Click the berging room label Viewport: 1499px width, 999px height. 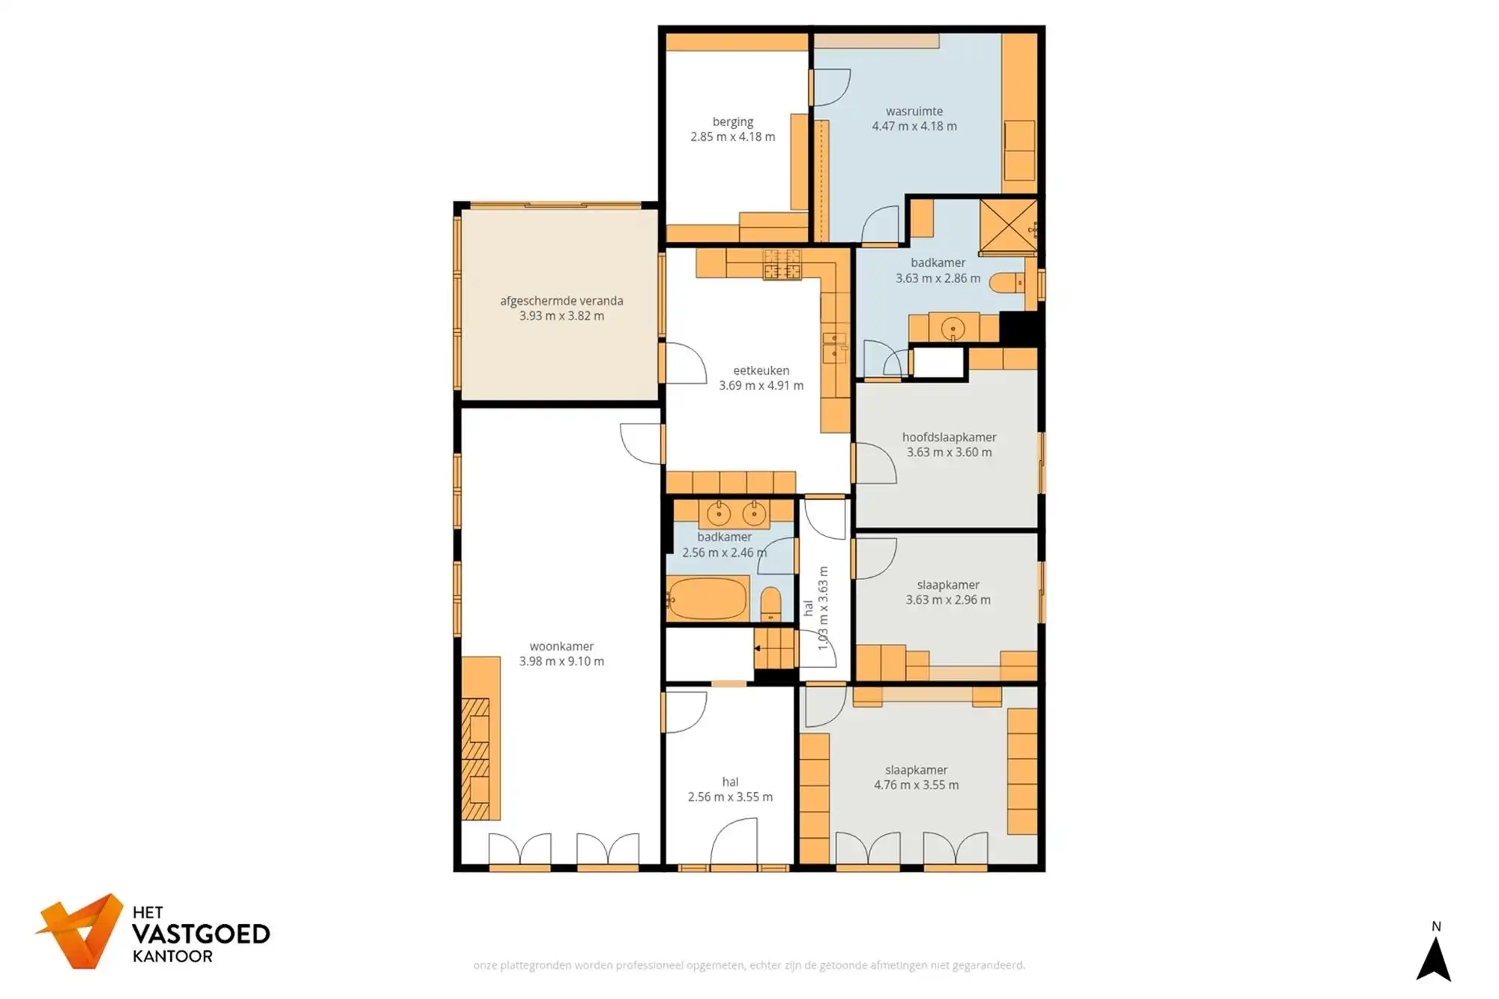click(732, 122)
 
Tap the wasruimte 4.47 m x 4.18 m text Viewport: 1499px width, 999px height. click(914, 127)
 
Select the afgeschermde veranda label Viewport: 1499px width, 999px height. click(561, 301)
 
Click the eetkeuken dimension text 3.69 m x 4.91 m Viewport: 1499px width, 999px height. click(761, 386)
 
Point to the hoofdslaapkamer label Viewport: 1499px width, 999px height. click(949, 437)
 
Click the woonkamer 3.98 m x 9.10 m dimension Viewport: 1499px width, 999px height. click(561, 662)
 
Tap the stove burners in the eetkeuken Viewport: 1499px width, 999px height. click(782, 265)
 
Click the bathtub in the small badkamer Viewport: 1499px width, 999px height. click(708, 599)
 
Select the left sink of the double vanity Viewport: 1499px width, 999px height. click(719, 513)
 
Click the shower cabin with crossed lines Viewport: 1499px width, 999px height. click(1007, 226)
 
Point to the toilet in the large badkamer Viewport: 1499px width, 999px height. click(1007, 283)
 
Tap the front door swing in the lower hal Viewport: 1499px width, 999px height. click(734, 843)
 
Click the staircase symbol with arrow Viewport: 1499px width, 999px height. click(774, 648)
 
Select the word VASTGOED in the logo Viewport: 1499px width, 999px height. click(200, 935)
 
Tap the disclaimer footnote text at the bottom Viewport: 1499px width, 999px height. click(749, 965)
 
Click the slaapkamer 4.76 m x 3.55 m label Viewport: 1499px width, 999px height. click(916, 778)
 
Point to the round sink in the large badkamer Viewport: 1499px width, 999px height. click(953, 328)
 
